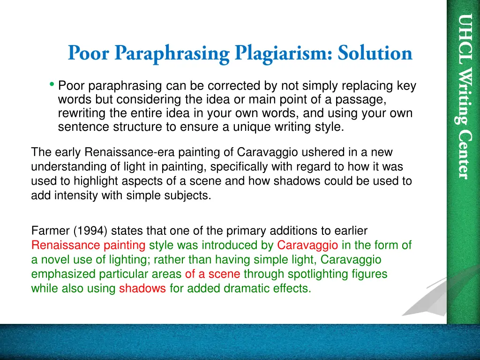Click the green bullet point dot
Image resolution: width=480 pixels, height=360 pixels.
(x=51, y=84)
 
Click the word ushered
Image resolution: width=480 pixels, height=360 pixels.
(x=307, y=153)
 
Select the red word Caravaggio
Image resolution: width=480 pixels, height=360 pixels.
(x=307, y=245)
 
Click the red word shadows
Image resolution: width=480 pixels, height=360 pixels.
(x=142, y=289)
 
